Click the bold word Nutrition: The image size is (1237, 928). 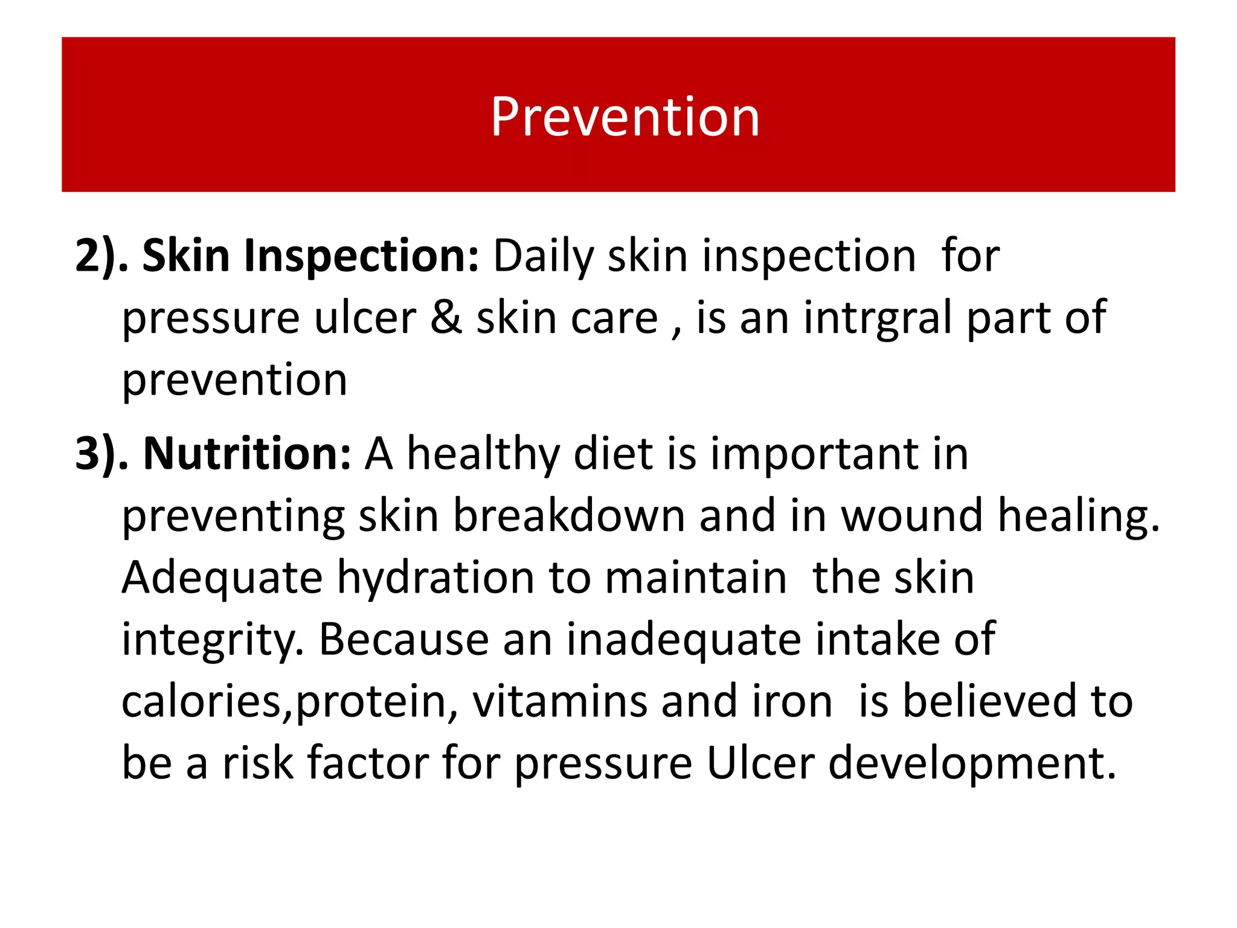(x=247, y=454)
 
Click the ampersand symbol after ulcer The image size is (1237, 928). (x=446, y=318)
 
